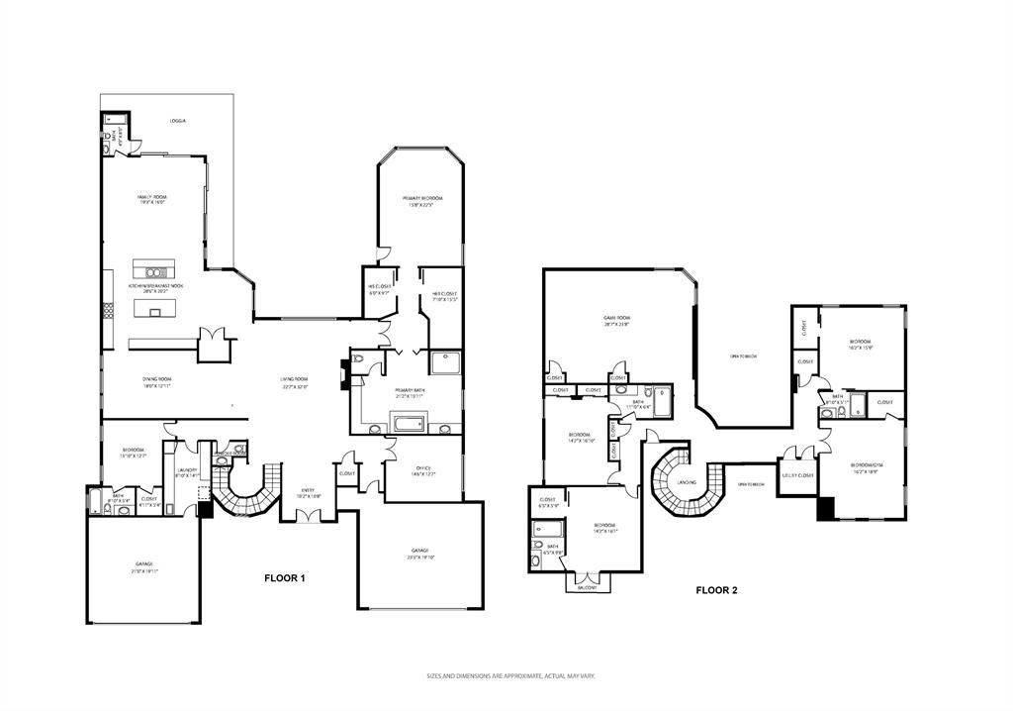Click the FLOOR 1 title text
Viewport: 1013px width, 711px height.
coord(284,577)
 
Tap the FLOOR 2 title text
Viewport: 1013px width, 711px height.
coord(716,590)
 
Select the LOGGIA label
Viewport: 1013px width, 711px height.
coord(177,121)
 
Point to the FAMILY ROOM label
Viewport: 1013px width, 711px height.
coord(151,198)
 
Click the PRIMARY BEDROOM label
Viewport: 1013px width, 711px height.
coord(419,198)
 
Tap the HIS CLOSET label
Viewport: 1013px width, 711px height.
coord(380,287)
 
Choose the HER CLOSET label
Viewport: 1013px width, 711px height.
coord(441,293)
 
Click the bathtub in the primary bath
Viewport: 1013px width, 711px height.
coord(409,425)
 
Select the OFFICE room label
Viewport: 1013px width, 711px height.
coord(421,468)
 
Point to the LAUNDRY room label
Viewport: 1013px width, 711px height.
coord(188,470)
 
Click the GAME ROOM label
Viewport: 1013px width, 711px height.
coord(617,319)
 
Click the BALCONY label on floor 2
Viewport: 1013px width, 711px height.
coord(588,587)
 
